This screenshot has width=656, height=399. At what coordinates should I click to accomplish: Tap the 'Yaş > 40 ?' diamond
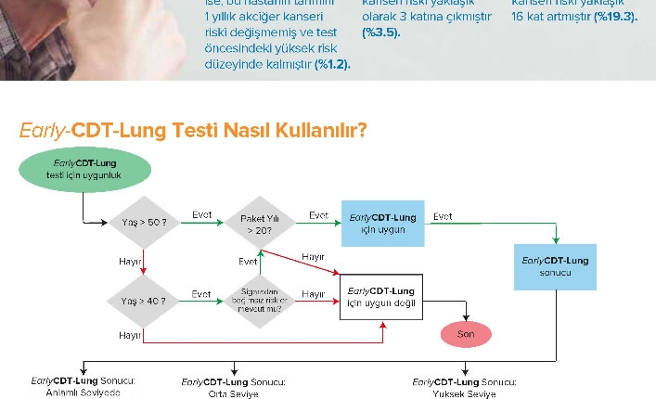(x=143, y=301)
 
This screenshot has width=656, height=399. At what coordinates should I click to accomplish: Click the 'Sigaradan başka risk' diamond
(x=260, y=301)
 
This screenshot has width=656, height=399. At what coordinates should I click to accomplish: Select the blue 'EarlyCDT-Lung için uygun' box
(x=381, y=224)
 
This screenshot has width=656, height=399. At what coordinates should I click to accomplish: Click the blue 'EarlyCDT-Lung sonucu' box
(x=555, y=266)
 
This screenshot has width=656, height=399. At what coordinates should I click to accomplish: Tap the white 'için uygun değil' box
(x=381, y=297)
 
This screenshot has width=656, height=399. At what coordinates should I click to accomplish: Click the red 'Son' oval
(x=466, y=333)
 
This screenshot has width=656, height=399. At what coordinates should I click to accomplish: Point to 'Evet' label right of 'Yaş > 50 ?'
(x=201, y=215)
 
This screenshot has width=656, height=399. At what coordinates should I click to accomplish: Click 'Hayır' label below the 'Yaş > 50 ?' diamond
(x=129, y=263)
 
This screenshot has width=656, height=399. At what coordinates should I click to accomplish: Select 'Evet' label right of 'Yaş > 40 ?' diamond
(x=201, y=293)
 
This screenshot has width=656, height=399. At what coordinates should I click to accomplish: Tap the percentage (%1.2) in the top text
(x=332, y=63)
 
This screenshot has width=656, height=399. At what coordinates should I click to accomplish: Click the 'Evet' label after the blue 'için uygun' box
(x=443, y=215)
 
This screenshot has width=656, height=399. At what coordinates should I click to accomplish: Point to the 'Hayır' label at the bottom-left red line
(x=129, y=333)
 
